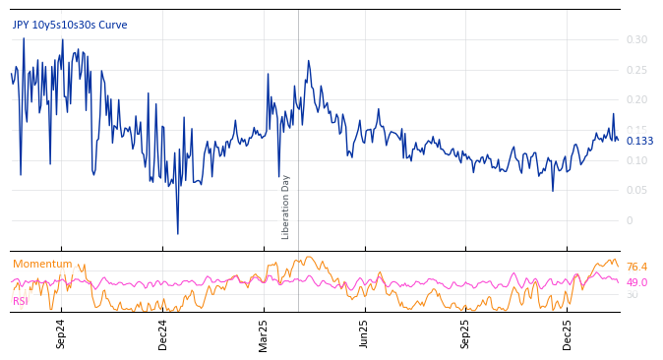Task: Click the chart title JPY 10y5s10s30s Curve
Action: click(70, 26)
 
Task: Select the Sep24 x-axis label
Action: click(61, 333)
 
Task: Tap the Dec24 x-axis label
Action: click(163, 333)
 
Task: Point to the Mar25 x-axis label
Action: click(264, 333)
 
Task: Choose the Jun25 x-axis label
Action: click(364, 333)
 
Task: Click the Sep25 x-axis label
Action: click(465, 333)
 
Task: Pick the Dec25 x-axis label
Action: click(568, 333)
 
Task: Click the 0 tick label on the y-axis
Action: click(631, 221)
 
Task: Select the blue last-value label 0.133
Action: click(639, 142)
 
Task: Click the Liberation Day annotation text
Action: click(286, 207)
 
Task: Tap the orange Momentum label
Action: click(42, 265)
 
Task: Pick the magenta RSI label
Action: click(21, 301)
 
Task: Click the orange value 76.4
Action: click(636, 268)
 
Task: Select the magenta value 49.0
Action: click(636, 283)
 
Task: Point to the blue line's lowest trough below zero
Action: click(178, 234)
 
